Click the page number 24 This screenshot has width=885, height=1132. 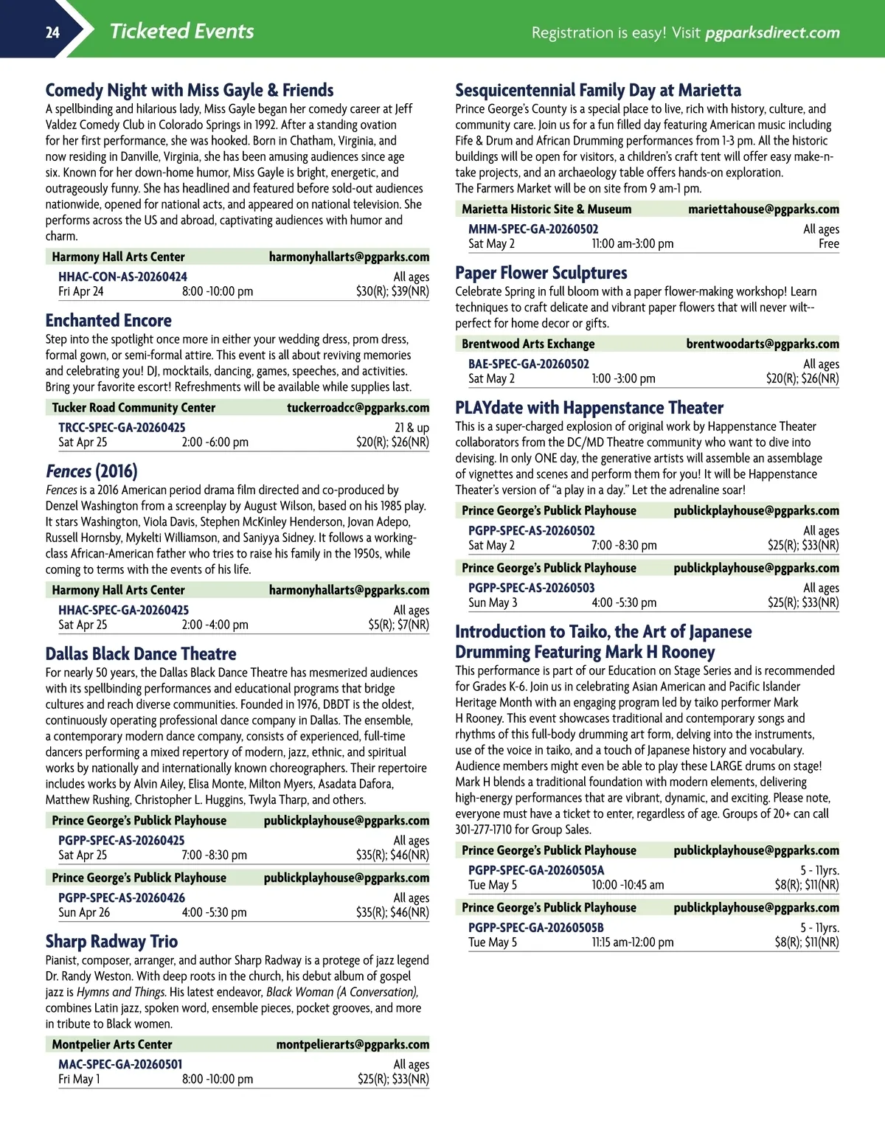(x=52, y=32)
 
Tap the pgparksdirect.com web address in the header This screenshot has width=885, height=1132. (x=772, y=32)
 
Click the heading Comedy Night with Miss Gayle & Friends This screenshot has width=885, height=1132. (x=190, y=90)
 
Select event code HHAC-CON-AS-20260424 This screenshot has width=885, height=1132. (x=122, y=277)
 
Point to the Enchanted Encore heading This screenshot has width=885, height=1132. (x=108, y=320)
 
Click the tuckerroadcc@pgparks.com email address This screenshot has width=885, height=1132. (x=358, y=407)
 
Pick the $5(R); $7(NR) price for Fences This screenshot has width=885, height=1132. (x=398, y=625)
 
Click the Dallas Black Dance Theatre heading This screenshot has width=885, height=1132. (x=141, y=653)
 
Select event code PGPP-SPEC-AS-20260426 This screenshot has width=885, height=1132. (x=122, y=897)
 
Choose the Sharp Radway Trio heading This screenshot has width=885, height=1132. (x=111, y=941)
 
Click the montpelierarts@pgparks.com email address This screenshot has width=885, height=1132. (x=353, y=1044)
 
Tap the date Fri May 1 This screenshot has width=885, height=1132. (x=80, y=1079)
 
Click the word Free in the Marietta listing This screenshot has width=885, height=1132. (x=828, y=243)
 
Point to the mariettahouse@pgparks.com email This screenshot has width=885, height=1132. (x=763, y=209)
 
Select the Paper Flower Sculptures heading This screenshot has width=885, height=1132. (x=541, y=272)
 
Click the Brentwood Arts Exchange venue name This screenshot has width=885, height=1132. (x=528, y=344)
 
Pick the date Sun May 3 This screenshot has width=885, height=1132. (x=493, y=603)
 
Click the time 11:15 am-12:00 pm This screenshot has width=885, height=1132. (x=632, y=942)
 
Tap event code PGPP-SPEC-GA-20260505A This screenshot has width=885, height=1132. (x=536, y=870)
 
